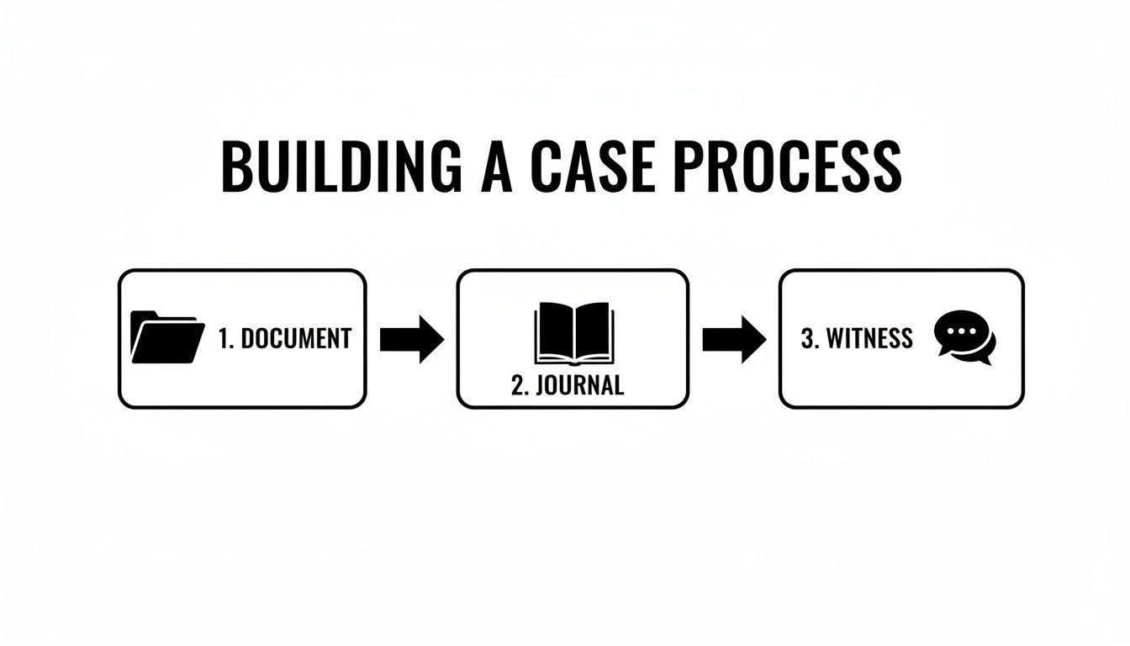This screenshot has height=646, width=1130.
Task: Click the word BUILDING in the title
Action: (341, 167)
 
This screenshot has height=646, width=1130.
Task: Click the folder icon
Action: (168, 338)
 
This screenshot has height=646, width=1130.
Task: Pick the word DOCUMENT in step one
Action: (296, 339)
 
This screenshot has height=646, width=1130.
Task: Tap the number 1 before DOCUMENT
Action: (224, 339)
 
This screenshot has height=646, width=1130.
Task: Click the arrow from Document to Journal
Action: (411, 339)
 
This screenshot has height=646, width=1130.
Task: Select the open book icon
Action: (573, 333)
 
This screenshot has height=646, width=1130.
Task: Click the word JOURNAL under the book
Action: (579, 385)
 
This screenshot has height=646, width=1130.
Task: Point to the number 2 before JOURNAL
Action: (517, 385)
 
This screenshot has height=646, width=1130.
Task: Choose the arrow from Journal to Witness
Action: (734, 339)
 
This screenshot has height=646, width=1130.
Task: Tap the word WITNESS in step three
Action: (869, 338)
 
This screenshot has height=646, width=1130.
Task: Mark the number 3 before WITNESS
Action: (808, 338)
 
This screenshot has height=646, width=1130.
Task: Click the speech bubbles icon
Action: (964, 338)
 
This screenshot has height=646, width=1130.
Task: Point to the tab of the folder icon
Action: (146, 316)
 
